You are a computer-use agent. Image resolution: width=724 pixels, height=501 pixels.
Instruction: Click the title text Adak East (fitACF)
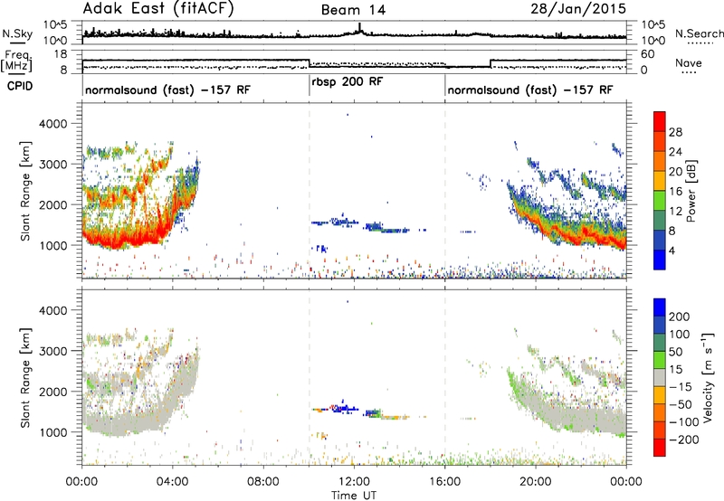158,8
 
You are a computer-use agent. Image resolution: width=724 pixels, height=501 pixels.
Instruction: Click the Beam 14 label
353,10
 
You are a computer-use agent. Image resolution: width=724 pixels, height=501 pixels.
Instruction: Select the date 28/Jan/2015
578,8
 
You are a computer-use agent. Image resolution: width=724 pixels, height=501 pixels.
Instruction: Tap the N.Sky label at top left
17,33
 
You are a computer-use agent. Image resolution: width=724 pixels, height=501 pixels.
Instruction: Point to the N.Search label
699,33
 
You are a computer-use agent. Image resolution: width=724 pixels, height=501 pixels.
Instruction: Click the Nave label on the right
689,62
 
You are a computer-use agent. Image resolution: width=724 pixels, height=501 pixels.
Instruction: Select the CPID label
20,86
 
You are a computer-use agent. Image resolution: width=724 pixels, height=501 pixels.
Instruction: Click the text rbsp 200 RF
348,82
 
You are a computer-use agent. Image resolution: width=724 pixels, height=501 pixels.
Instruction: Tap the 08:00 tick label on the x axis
263,482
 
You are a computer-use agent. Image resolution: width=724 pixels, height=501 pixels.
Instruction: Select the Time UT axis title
354,496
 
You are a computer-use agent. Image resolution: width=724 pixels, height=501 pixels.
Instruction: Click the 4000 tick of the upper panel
54,124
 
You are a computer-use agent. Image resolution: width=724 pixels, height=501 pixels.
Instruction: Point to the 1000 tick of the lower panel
54,432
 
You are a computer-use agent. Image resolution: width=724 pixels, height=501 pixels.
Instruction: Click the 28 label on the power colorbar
675,132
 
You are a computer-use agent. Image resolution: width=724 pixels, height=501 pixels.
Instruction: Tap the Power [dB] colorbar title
691,191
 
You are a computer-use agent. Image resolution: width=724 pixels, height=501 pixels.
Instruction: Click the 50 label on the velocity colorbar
675,352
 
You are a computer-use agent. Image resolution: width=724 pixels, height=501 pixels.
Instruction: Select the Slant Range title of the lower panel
25,378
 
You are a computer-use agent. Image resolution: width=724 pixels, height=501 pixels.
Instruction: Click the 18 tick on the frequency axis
61,54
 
